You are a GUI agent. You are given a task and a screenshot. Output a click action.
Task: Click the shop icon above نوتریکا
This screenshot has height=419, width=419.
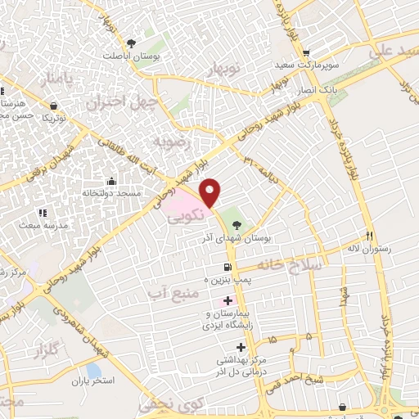click(54, 106)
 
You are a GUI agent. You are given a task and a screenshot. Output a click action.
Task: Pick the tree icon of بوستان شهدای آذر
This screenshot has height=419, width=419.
click(237, 223)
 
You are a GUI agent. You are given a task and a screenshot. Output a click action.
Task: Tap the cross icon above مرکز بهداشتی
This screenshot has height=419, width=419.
click(239, 346)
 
